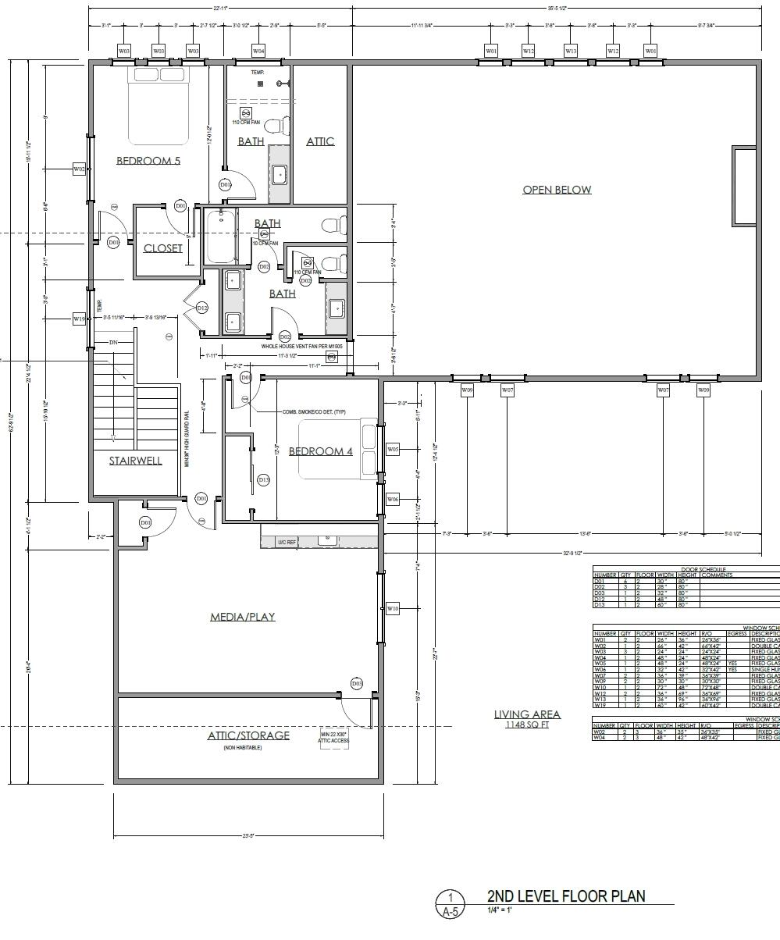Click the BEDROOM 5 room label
[148, 161]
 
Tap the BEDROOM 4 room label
[321, 451]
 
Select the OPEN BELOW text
[557, 190]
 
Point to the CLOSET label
[163, 248]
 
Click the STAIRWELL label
[136, 461]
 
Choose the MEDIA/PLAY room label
[243, 617]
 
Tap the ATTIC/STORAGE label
[248, 735]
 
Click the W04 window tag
[258, 51]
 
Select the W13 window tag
[571, 51]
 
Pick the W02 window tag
[79, 169]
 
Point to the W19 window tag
[79, 319]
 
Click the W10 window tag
[393, 608]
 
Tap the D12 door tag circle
[202, 308]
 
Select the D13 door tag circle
[264, 479]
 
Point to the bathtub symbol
[221, 236]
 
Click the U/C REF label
[287, 541]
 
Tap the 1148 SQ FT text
[527, 725]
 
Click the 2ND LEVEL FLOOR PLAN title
[566, 895]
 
